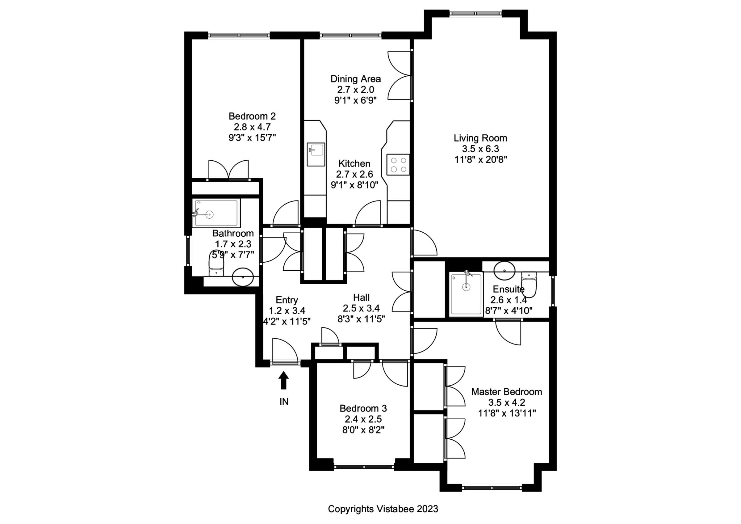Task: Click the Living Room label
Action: pyautogui.click(x=480, y=138)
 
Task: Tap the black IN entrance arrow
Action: pyautogui.click(x=284, y=380)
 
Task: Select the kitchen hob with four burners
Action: pyautogui.click(x=398, y=165)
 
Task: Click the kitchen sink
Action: pyautogui.click(x=316, y=154)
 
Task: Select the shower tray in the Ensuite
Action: pyautogui.click(x=466, y=294)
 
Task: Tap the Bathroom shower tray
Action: pyautogui.click(x=216, y=213)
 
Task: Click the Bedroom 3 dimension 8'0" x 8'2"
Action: pyautogui.click(x=363, y=430)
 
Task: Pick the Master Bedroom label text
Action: pyautogui.click(x=506, y=392)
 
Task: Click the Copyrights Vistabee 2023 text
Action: pyautogui.click(x=383, y=509)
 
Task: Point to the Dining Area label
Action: pyautogui.click(x=355, y=79)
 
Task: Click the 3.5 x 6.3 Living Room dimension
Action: pyautogui.click(x=480, y=149)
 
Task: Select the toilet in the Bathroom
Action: pyautogui.click(x=216, y=268)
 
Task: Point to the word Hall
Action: pyautogui.click(x=361, y=297)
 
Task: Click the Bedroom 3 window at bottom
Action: pyautogui.click(x=364, y=467)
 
